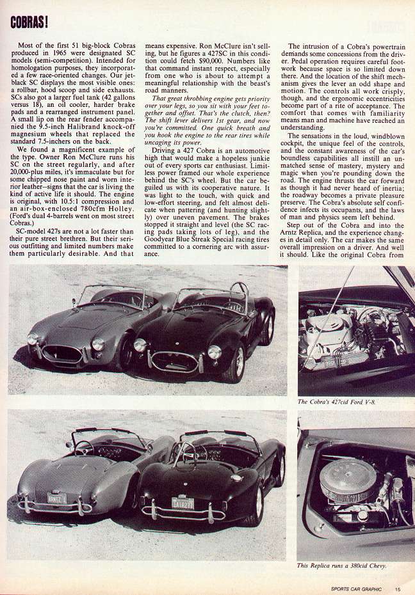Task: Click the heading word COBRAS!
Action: pyautogui.click(x=29, y=21)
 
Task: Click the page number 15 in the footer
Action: pyautogui.click(x=398, y=589)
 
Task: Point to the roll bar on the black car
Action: pyautogui.click(x=240, y=294)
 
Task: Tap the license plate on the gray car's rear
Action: pyautogui.click(x=57, y=498)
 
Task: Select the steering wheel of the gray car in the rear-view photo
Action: pyautogui.click(x=83, y=448)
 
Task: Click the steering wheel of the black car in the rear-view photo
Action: pyautogui.click(x=185, y=453)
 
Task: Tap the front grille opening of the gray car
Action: pyautogui.click(x=61, y=353)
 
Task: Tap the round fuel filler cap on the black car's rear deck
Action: pyautogui.click(x=236, y=477)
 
